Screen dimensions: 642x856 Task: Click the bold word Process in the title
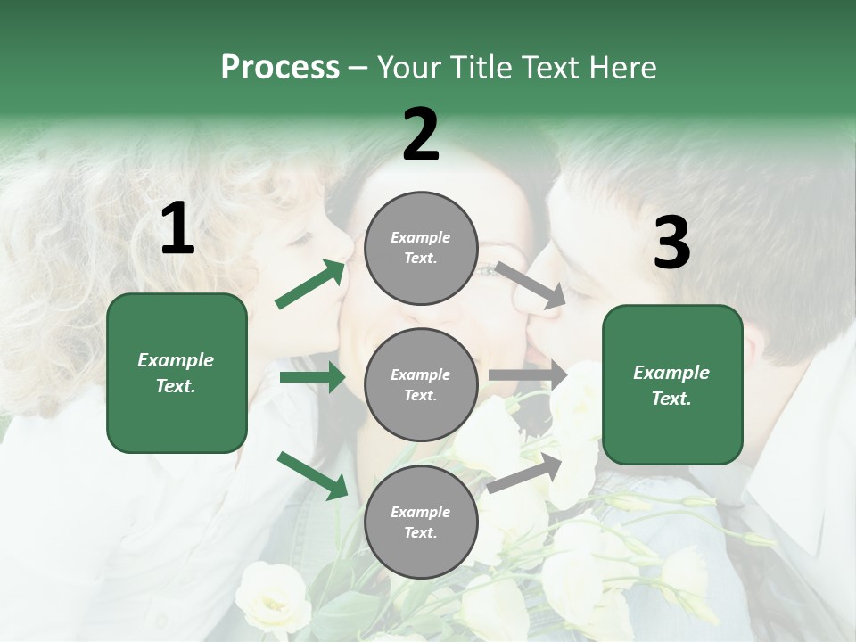coord(280,68)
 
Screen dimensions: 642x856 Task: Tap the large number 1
coord(177,229)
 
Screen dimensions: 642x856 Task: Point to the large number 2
coord(421,135)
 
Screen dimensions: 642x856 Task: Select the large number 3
coord(671,243)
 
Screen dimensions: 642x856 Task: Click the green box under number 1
coord(177,373)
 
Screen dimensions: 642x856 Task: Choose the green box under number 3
coord(672,384)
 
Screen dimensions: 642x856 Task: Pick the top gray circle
coord(421,248)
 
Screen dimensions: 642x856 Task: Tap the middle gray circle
coord(421,384)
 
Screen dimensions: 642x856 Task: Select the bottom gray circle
coord(421,522)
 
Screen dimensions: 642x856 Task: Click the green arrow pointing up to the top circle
coord(310,284)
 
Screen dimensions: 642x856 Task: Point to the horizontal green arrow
coord(312,378)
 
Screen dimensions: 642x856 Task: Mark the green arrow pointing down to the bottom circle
coord(313,475)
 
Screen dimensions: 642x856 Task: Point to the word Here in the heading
coord(624,68)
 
